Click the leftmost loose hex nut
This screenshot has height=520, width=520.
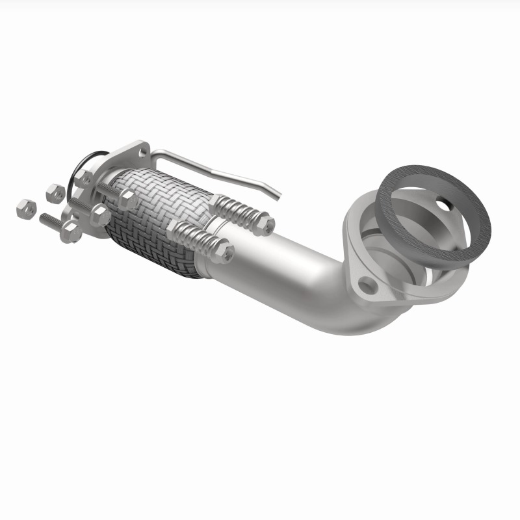tap(25, 208)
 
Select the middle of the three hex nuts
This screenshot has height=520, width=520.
tap(55, 192)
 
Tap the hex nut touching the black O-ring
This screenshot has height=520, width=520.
tap(83, 177)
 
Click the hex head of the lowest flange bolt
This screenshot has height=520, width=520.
tap(70, 232)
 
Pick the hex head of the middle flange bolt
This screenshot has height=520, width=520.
tap(100, 215)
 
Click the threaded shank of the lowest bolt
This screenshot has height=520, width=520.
tap(50, 221)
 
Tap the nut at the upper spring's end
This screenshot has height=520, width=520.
tap(265, 225)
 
